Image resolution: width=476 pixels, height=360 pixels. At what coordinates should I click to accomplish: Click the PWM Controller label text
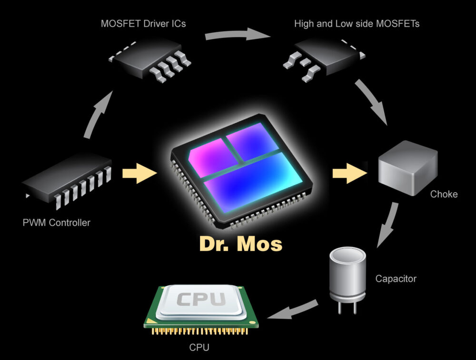coord(56,222)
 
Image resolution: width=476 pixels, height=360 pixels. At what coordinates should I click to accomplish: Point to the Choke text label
coord(444,194)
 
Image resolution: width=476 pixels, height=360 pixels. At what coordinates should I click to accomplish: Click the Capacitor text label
coord(396,279)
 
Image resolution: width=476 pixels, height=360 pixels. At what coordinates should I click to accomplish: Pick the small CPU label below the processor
coord(199,348)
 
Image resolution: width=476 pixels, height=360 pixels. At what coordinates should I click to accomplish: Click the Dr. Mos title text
coord(240,243)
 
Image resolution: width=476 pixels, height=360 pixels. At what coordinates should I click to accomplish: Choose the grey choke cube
coord(407,166)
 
